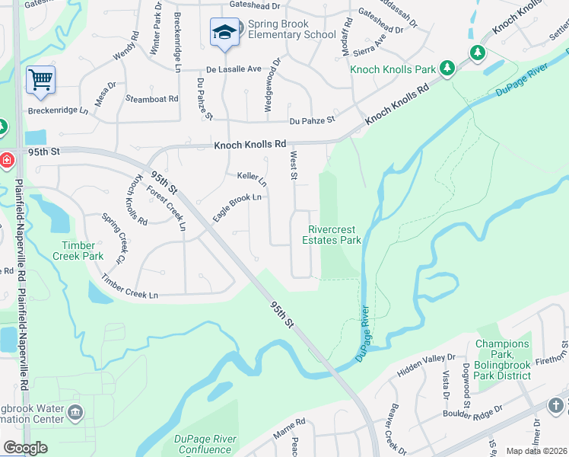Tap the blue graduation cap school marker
pyautogui.click(x=224, y=33)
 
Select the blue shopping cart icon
pyautogui.click(x=40, y=80)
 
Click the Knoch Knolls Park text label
pyautogui.click(x=393, y=69)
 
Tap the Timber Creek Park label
pyautogui.click(x=79, y=251)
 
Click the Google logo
pyautogui.click(x=25, y=448)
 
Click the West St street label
pyautogui.click(x=294, y=165)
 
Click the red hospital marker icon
pyautogui.click(x=5, y=161)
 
